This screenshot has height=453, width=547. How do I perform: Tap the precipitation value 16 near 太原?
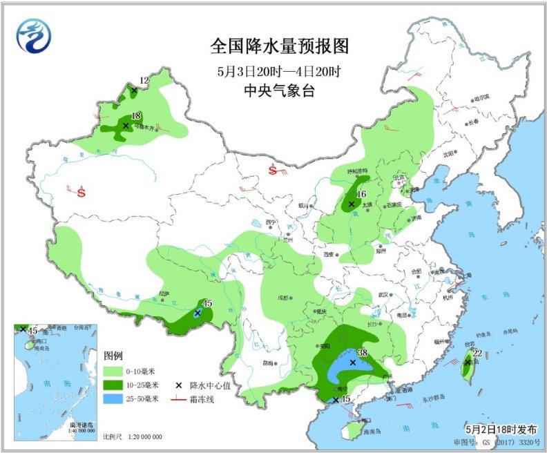[x=361, y=195]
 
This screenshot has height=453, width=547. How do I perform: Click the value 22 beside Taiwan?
[x=477, y=354]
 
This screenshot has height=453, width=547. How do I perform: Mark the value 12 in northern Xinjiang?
[x=144, y=81]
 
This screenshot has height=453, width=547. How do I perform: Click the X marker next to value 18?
[x=126, y=126]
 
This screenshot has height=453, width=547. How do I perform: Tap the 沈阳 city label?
[x=450, y=153]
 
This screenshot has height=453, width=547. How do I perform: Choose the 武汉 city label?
[x=378, y=295]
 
